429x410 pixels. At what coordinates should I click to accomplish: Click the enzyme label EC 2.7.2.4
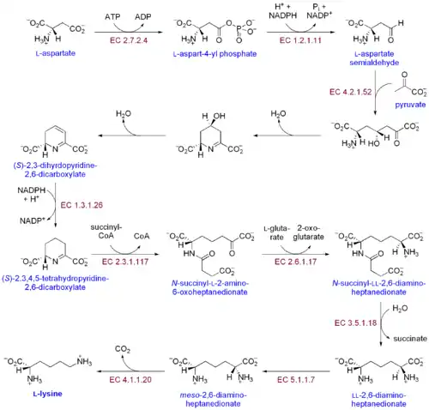coord(129,40)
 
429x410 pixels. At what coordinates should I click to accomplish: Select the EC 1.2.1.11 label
coord(300,40)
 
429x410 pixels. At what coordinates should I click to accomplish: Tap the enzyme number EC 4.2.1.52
coord(350,92)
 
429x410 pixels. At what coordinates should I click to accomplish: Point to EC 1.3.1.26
coord(82,205)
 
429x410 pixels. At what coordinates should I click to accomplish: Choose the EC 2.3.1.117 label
coord(125,262)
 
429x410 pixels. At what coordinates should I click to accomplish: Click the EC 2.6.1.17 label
coord(295,262)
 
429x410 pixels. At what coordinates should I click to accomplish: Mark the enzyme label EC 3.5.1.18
coord(355,323)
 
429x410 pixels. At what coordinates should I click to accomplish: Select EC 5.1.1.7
coord(296,380)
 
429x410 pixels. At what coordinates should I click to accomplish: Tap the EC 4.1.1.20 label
coord(130,380)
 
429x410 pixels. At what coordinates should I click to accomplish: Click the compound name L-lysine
coord(48,394)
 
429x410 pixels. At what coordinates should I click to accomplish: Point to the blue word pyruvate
coord(410,105)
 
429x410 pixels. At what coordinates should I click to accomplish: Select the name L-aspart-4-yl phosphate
coord(214,54)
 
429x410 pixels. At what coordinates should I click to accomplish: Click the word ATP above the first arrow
coord(112,17)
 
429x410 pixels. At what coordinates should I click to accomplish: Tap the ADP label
coord(143,17)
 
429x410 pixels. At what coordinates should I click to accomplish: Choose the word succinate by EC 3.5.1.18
coord(410,339)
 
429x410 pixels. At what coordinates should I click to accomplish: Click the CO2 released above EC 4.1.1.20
coord(123,349)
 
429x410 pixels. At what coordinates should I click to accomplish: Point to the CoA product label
coord(142,236)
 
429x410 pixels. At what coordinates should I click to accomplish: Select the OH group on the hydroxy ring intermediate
coord(219,116)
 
